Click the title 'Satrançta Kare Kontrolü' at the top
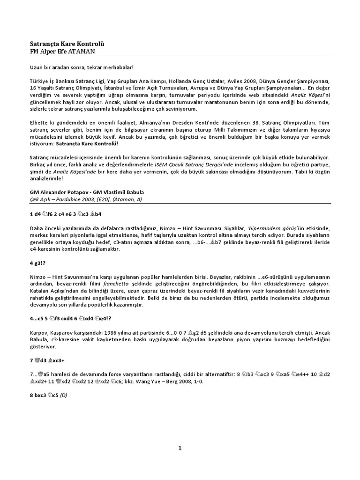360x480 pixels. coord(65,44)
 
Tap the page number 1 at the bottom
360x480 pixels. coord(180,448)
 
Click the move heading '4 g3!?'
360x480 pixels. coord(38,264)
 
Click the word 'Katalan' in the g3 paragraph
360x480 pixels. coord(39,291)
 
